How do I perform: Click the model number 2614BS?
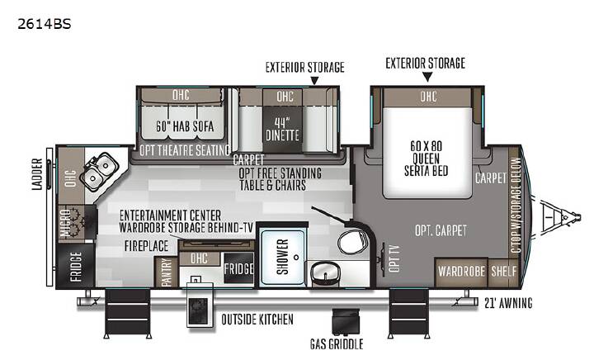(44, 24)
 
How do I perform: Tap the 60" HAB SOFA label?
(185, 126)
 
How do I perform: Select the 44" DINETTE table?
(282, 130)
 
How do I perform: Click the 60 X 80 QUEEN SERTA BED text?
(427, 159)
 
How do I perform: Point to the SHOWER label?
(283, 257)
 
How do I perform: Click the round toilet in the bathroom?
(351, 241)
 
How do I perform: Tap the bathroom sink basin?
(325, 272)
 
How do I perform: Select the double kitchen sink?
(99, 171)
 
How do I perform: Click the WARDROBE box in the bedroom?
(461, 272)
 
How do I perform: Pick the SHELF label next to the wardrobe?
(504, 272)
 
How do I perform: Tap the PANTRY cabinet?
(167, 272)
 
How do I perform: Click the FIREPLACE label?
(147, 246)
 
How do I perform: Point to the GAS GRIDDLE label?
(337, 343)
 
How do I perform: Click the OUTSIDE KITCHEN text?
(257, 320)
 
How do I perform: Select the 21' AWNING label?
(508, 303)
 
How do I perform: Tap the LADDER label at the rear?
(37, 174)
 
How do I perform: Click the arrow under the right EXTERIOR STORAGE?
(427, 78)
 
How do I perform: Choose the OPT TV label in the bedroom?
(394, 258)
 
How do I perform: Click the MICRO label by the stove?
(65, 223)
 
